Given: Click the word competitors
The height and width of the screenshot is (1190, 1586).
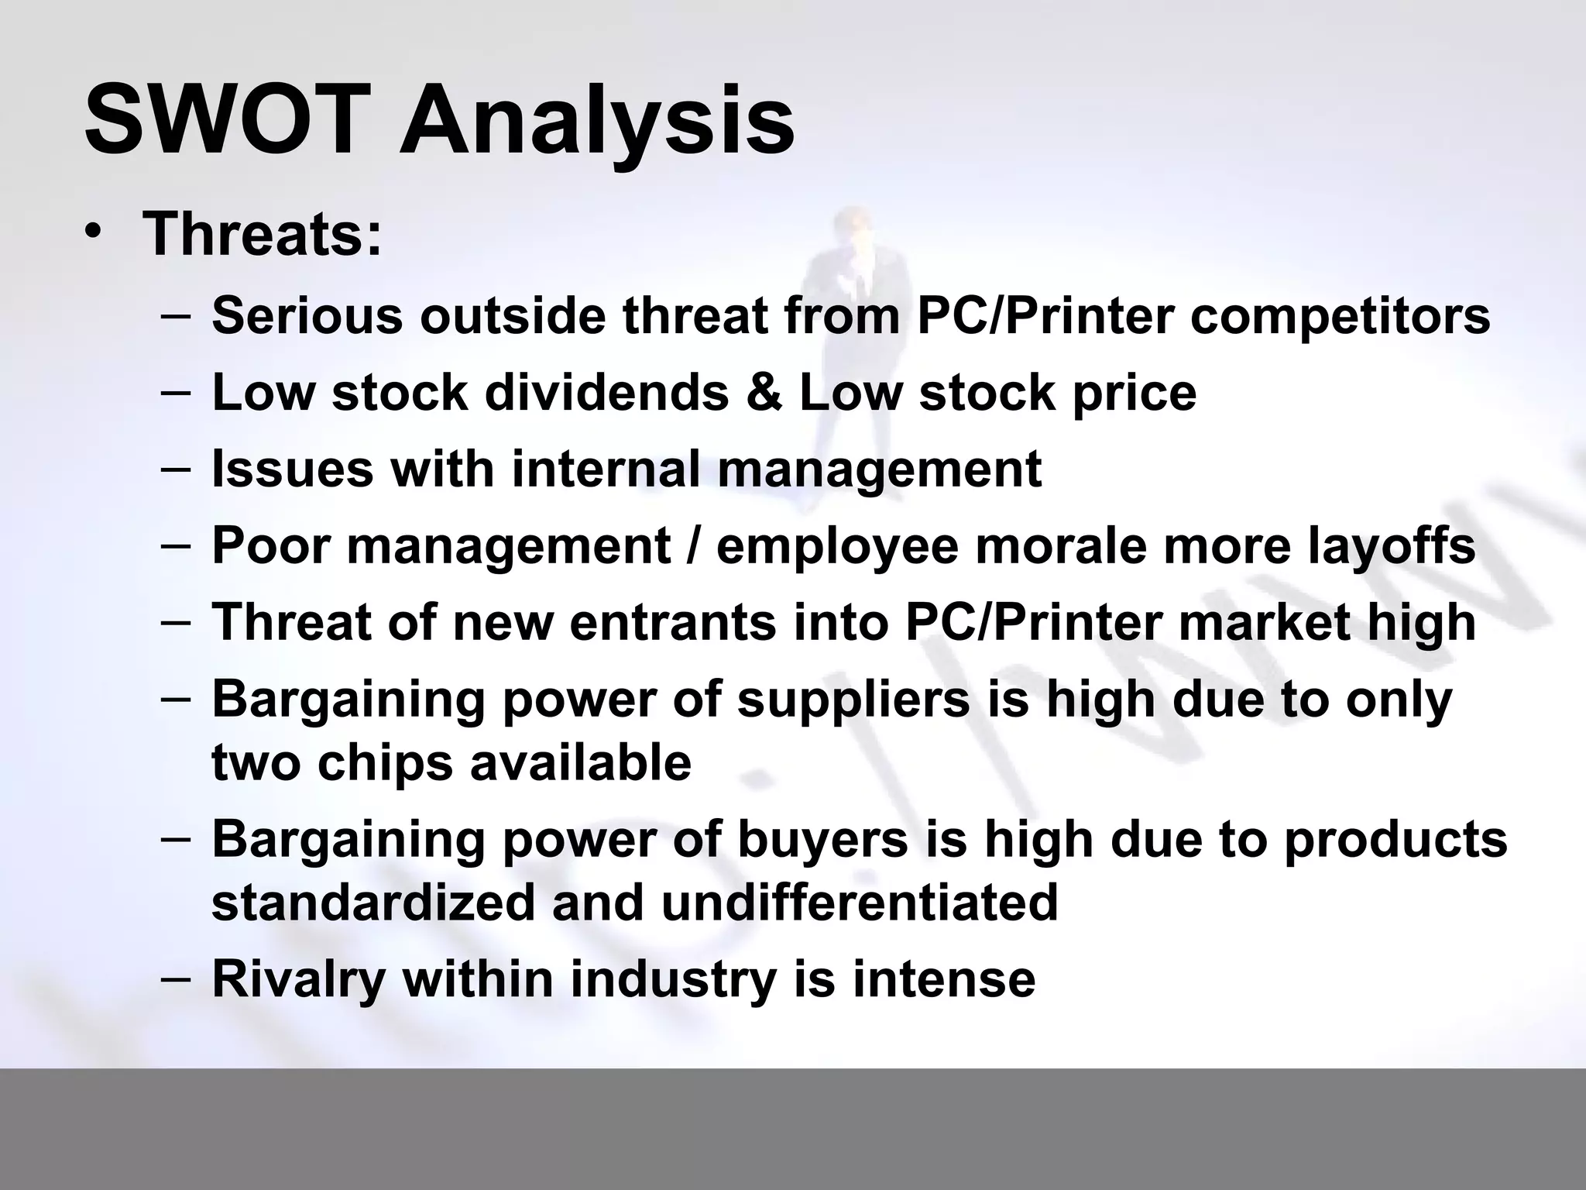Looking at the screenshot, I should click(x=1340, y=318).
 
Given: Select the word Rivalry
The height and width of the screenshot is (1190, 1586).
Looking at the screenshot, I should click(x=298, y=978).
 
